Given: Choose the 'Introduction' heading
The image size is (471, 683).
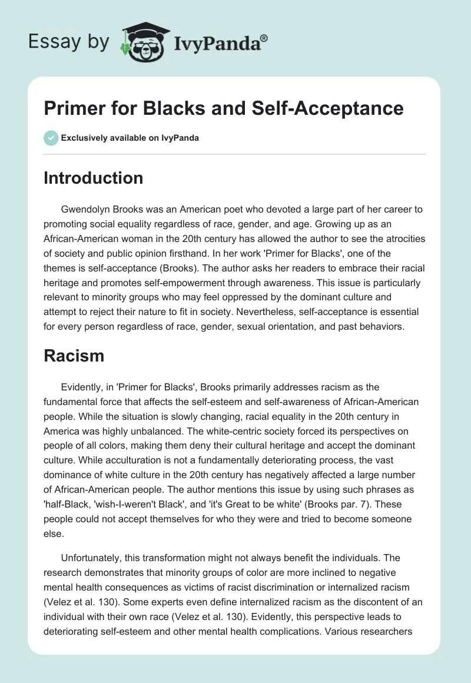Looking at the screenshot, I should pos(93,178).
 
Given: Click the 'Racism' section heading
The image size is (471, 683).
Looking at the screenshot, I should pos(74,355).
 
